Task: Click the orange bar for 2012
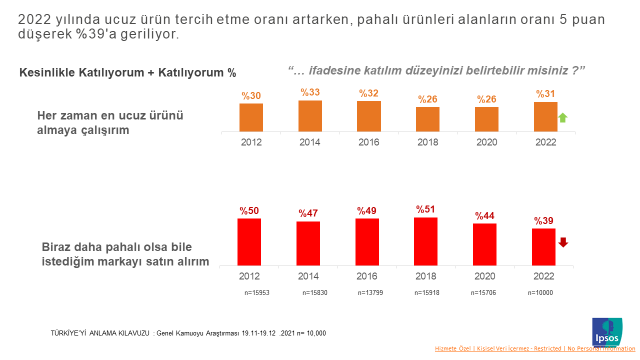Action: pos(251,118)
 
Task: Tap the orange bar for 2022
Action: pos(545,117)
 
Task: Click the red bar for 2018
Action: pos(427,240)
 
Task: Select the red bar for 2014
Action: pos(309,243)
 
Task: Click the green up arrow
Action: pos(563,119)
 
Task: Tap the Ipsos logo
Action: pos(607,331)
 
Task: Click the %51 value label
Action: pos(427,209)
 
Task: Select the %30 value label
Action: pos(251,96)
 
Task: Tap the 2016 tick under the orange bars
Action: pos(369,142)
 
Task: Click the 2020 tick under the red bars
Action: pos(485,274)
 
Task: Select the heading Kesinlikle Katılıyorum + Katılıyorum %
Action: pos(128,73)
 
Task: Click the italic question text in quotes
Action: pos(436,70)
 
